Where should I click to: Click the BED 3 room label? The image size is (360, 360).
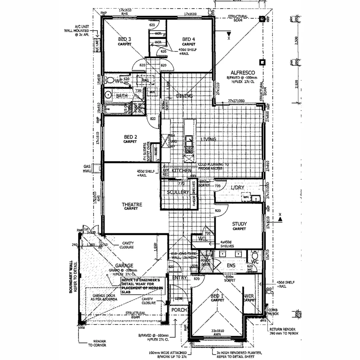click(124, 39)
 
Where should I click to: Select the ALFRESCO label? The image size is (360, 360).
click(243, 73)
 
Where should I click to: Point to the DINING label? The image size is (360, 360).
click(184, 96)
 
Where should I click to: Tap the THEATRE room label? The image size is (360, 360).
click(132, 205)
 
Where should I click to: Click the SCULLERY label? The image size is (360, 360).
click(178, 192)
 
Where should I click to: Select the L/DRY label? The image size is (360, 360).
click(238, 188)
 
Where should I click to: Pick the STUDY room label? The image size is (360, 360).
click(239, 224)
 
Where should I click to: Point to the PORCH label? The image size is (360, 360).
click(179, 310)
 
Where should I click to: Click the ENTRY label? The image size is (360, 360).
click(179, 278)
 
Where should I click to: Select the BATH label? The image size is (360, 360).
click(122, 96)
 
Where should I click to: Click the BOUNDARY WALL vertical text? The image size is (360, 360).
click(71, 277)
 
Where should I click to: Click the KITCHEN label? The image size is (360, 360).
click(182, 171)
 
